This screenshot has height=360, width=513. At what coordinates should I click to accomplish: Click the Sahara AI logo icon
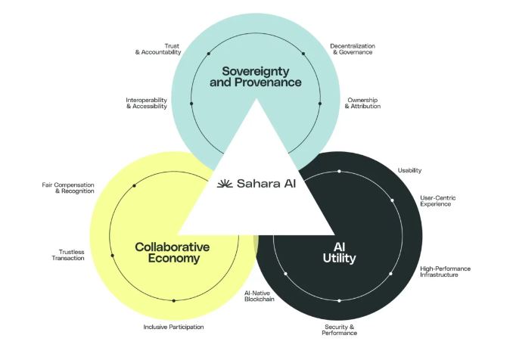tap(225, 184)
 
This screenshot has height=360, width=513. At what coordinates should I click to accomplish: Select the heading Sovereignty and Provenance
tap(256, 76)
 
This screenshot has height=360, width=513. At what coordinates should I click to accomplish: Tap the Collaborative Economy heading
tap(172, 253)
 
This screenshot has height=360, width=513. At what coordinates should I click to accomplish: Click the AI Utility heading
tap(339, 253)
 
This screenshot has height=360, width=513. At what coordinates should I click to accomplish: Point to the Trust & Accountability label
tap(158, 49)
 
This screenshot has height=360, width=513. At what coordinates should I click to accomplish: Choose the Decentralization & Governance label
tap(353, 49)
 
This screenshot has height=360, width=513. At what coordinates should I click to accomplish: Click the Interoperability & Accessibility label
tap(147, 103)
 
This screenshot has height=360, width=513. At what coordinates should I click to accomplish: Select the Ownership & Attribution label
tap(362, 103)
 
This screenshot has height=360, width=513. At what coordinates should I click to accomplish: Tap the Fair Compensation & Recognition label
tap(68, 188)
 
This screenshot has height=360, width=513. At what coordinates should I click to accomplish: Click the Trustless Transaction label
tap(68, 255)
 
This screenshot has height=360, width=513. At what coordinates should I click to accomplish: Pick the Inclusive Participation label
tap(173, 327)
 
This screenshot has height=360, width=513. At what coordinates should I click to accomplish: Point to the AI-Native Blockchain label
tap(260, 296)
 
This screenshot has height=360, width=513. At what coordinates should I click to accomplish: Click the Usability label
tap(409, 170)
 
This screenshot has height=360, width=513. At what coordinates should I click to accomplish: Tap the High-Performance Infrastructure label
tap(445, 272)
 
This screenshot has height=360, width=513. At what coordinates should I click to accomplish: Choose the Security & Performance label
tap(339, 330)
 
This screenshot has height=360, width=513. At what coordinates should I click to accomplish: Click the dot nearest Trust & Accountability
tap(208, 54)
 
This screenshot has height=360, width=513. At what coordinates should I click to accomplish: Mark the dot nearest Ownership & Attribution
tap(320, 104)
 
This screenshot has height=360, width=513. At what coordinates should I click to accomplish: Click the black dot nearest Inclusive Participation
tap(174, 301)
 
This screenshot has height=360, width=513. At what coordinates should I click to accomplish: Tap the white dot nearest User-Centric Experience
tap(392, 200)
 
